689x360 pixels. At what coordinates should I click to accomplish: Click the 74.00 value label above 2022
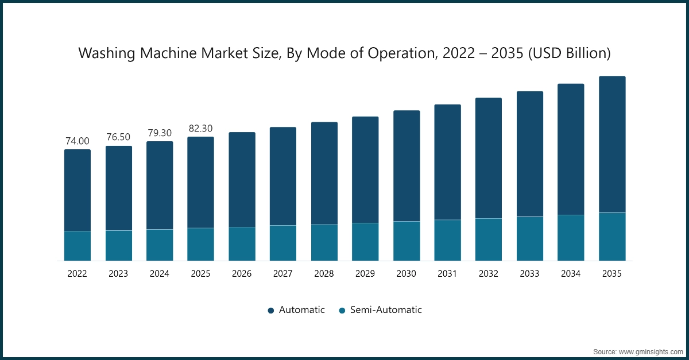[x=78, y=141]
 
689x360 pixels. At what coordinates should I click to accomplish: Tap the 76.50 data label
[x=118, y=137]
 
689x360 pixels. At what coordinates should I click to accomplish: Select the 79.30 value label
[x=160, y=133]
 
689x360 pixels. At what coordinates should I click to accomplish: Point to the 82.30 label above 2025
[x=200, y=129]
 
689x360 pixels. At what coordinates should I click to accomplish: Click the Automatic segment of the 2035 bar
[x=612, y=144]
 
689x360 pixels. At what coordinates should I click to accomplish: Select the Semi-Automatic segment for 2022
[x=78, y=246]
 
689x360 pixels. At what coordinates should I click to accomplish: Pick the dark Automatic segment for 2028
[x=324, y=173]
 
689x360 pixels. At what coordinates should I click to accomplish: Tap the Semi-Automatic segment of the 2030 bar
[x=407, y=241]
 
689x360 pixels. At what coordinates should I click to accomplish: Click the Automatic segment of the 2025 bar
[x=200, y=182]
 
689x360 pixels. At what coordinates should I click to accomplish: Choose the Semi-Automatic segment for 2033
[x=530, y=239]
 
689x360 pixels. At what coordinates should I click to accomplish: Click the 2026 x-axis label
[x=242, y=274]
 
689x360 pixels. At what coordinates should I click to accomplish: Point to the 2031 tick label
[x=447, y=274]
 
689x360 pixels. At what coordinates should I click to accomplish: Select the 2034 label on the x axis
[x=571, y=274]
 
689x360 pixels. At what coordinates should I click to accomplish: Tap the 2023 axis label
[x=118, y=274]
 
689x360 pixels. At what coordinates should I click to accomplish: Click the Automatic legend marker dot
[x=271, y=311]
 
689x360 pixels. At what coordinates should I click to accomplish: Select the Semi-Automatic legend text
[x=388, y=310]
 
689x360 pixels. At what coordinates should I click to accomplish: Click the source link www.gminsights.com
[x=651, y=351]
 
